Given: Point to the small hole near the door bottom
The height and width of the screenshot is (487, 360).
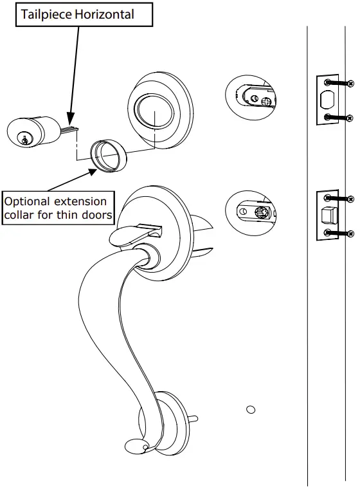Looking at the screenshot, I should click(x=251, y=409).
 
